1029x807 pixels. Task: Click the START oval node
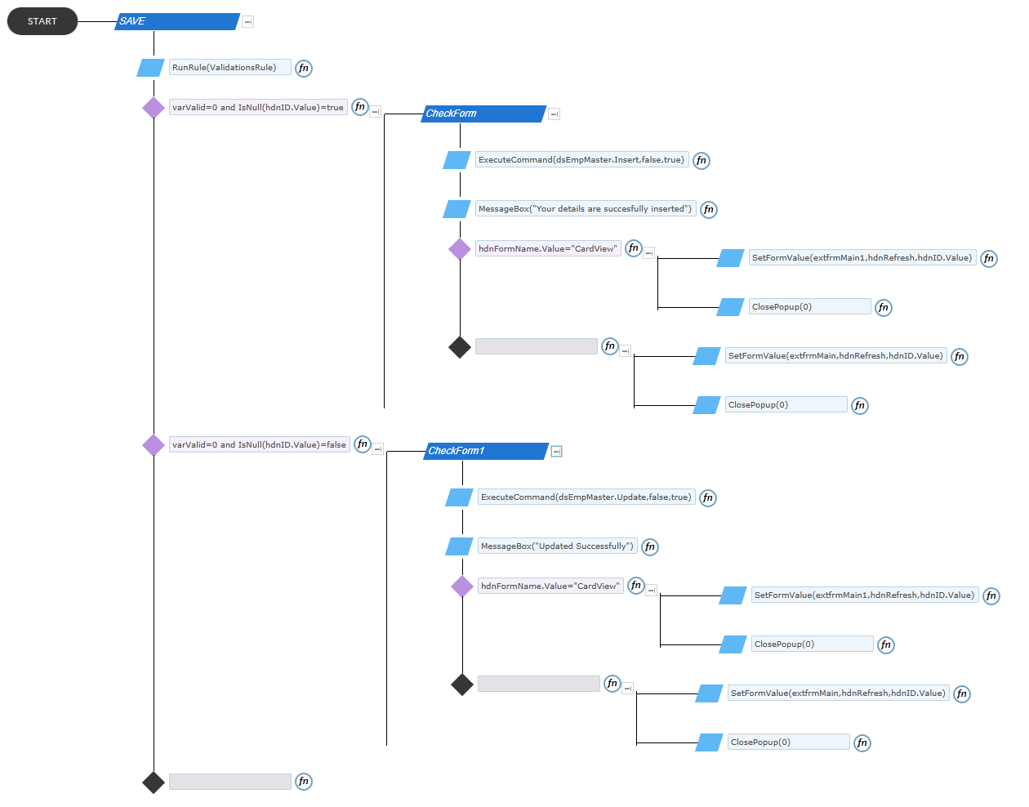coord(42,21)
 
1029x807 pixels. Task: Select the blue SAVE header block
coord(177,21)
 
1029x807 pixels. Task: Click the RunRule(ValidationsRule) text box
coord(229,67)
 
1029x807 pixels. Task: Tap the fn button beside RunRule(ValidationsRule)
coord(304,68)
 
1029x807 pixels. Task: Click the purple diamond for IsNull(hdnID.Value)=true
coord(154,108)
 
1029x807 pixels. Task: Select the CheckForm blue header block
coord(483,114)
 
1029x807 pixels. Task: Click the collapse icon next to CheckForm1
coord(556,452)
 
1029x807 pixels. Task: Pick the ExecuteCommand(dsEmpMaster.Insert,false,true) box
coord(581,160)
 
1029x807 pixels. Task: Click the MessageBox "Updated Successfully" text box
coord(557,546)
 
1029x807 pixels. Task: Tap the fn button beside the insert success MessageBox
coord(708,210)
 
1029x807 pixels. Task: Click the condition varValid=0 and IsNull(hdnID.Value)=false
coord(259,445)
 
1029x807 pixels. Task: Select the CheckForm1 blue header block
coord(486,452)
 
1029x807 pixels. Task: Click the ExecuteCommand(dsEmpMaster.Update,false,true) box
coord(586,497)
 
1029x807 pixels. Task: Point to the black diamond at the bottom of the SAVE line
coord(154,782)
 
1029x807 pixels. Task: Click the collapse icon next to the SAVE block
coord(247,22)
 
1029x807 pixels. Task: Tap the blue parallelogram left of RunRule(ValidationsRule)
coord(150,68)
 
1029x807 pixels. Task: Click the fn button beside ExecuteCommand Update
coord(708,498)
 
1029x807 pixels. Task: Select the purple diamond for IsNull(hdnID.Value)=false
coord(154,446)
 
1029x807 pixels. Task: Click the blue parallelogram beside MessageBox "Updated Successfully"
coord(459,547)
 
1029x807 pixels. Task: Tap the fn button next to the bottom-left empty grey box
coord(304,782)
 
